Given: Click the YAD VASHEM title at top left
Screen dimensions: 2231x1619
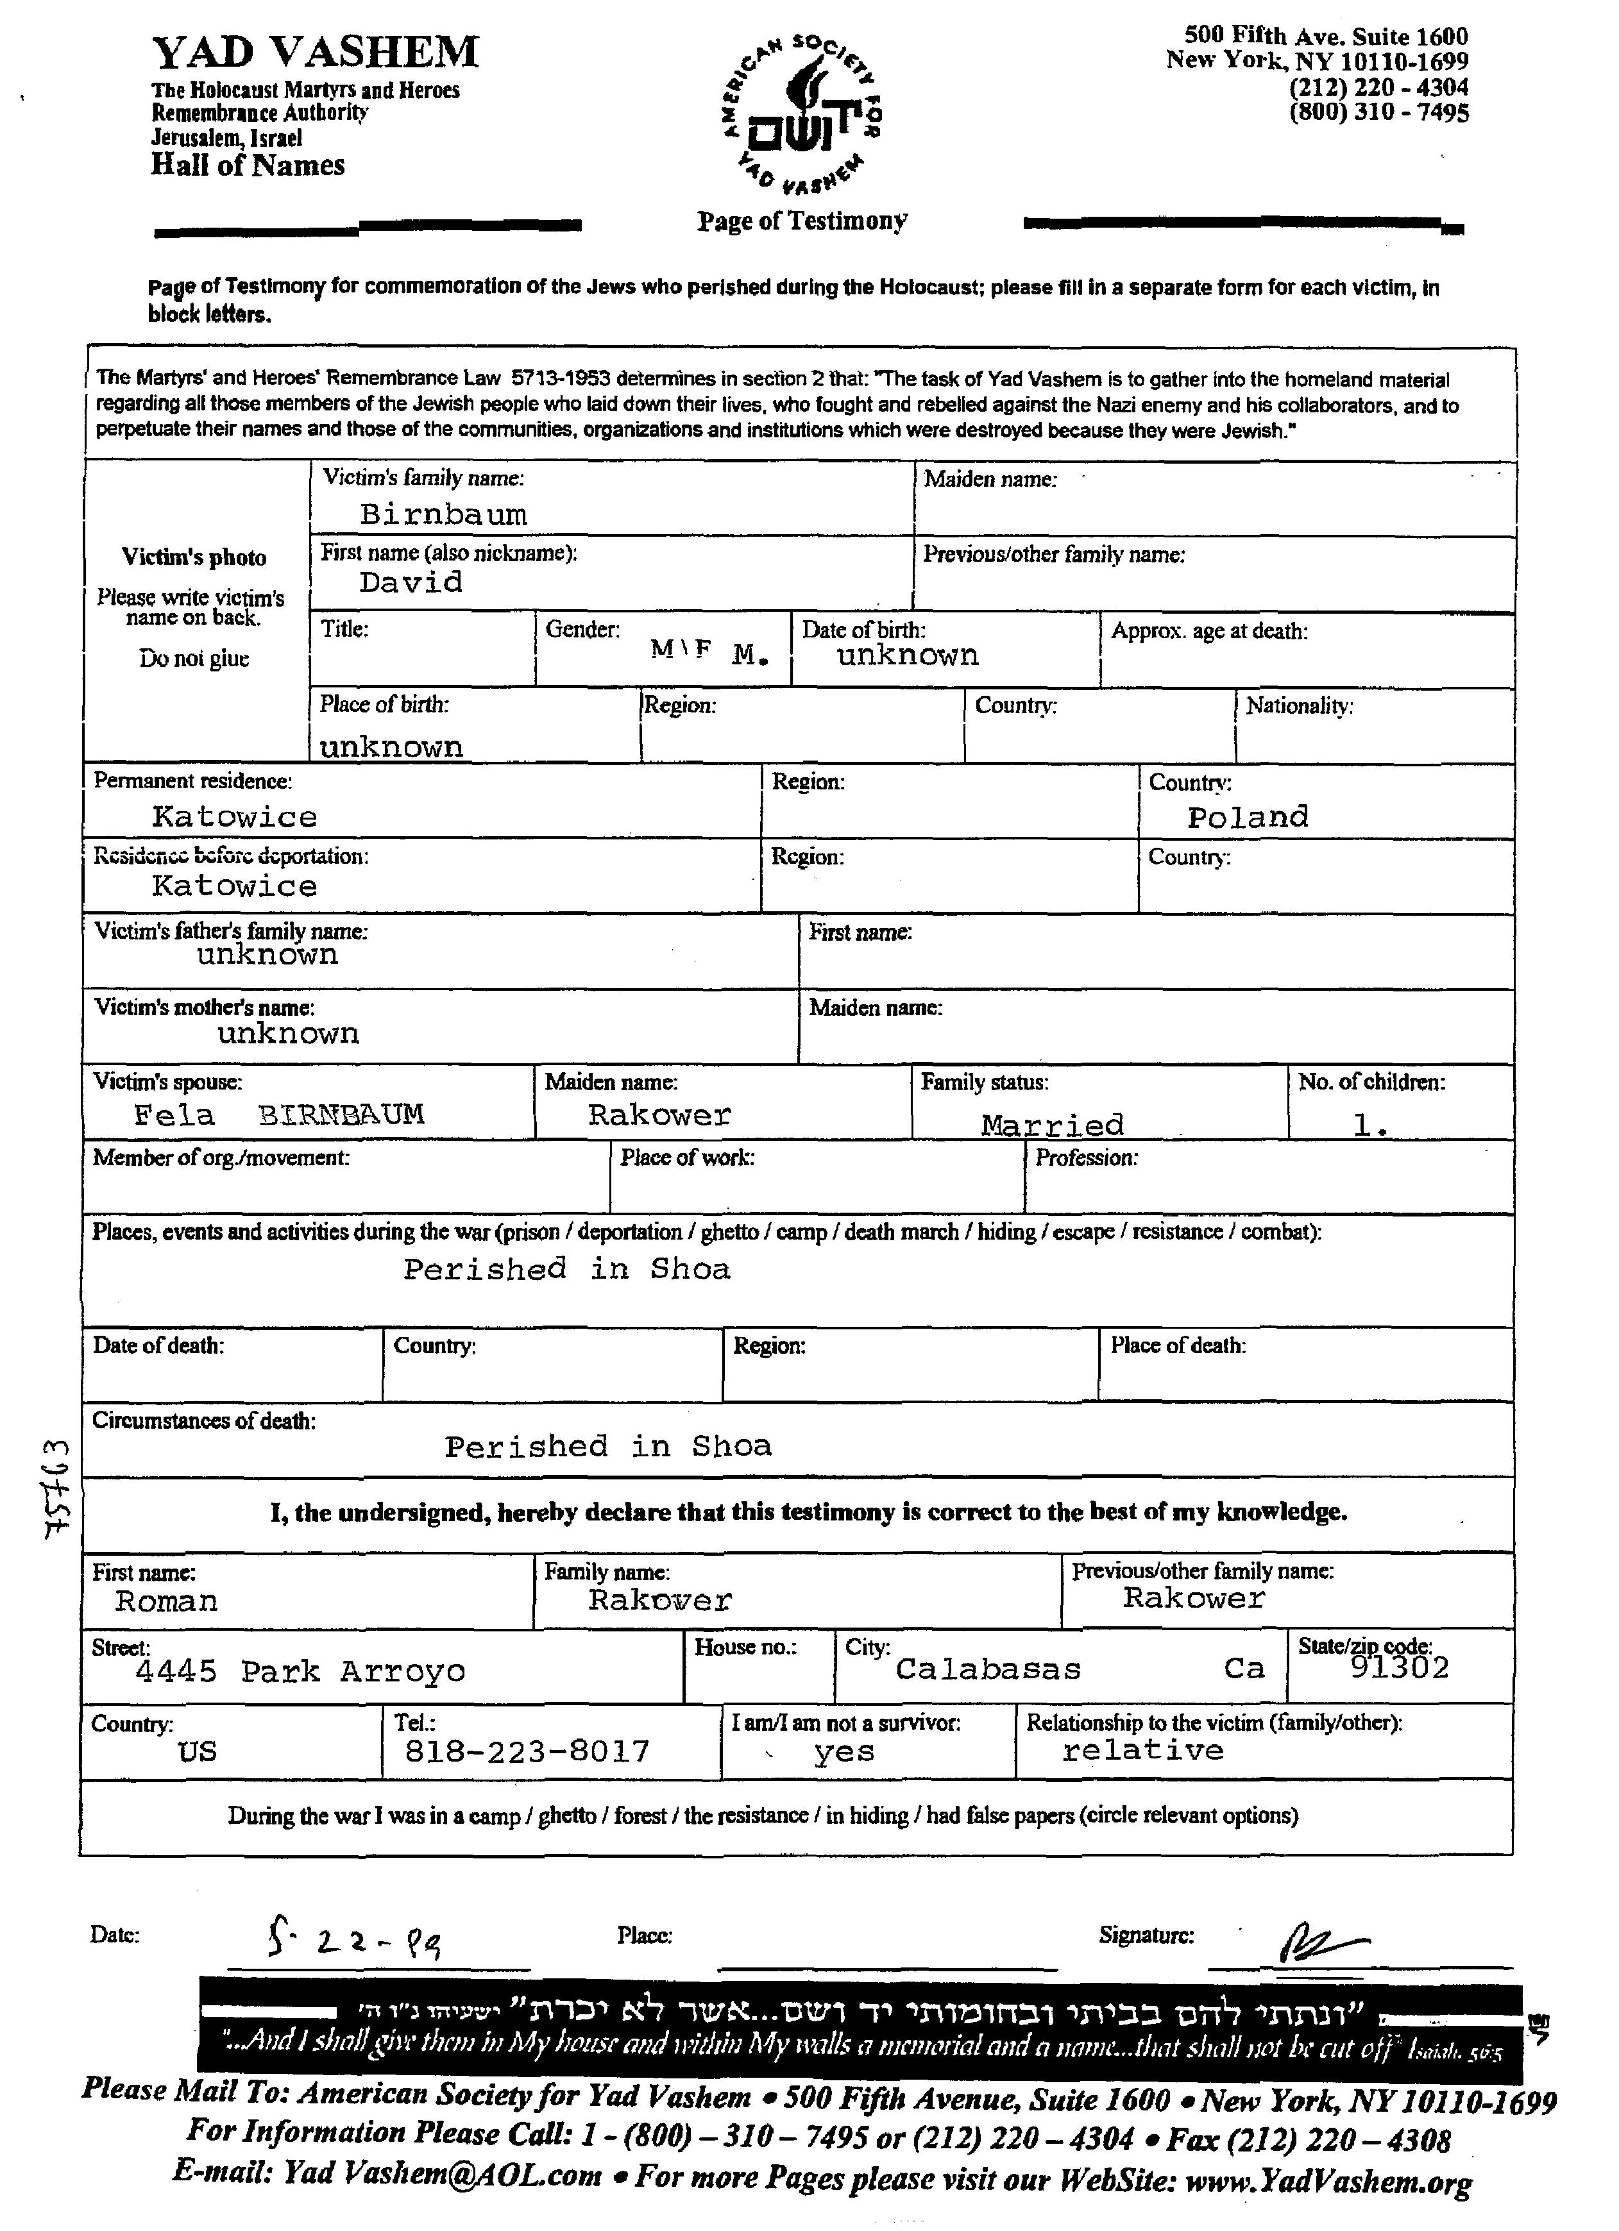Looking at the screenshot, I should click(315, 52).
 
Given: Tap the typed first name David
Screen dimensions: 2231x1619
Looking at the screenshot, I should click(411, 582).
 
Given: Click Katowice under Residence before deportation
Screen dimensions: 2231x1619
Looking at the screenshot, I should click(234, 886).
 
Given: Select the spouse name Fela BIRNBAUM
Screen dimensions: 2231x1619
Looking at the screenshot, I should click(278, 1115).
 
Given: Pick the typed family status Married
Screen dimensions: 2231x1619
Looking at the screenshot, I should click(1051, 1124).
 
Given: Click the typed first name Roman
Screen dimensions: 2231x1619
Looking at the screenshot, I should click(166, 1601).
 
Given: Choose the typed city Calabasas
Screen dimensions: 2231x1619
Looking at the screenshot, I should click(988, 1669).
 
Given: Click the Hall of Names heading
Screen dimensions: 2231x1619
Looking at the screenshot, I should click(248, 164).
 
